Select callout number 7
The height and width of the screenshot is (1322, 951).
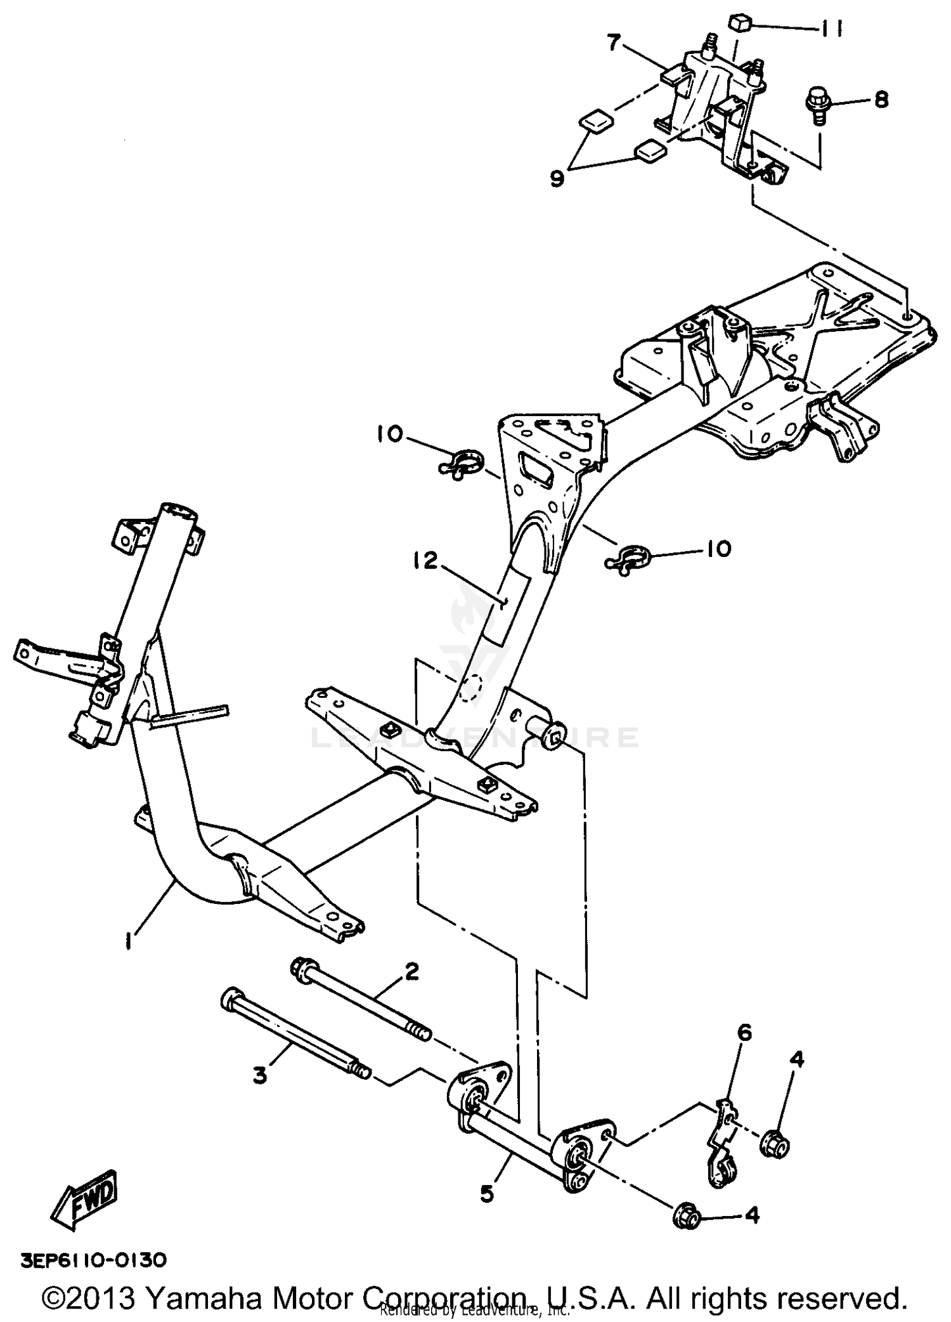coord(612,44)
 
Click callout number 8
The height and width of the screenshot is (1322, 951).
coord(881,100)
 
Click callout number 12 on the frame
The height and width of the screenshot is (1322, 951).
coord(430,561)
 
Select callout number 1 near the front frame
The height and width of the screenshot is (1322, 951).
coord(129,943)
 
